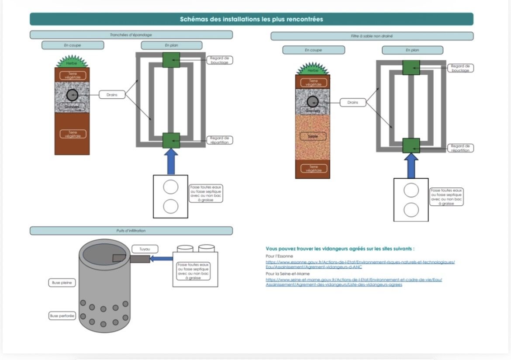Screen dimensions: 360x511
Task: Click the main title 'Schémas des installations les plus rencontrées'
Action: pos(251,19)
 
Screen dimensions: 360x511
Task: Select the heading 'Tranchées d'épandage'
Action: pos(131,35)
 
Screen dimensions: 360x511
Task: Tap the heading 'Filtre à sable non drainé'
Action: pos(372,36)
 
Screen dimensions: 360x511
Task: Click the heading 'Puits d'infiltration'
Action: pos(131,231)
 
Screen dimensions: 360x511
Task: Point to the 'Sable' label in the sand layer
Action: pos(313,136)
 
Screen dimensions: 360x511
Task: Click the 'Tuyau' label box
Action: pos(145,249)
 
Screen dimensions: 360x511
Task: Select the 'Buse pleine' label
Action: pos(61,283)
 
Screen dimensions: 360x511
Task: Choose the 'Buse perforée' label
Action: pos(62,315)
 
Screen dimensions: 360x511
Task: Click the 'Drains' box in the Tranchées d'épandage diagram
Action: pos(112,94)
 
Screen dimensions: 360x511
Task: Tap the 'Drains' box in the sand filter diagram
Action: pos(353,102)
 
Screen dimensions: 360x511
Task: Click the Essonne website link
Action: pos(360,264)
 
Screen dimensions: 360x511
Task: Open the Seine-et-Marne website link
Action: pos(353,282)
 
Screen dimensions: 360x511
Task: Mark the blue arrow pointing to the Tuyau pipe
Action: pos(161,259)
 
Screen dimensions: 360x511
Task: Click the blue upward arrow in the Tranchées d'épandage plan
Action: pos(171,161)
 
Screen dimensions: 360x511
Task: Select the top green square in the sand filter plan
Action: pos(411,68)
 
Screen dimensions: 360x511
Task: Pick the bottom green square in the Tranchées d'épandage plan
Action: pos(171,141)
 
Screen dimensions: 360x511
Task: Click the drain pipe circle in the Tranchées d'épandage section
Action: pos(72,95)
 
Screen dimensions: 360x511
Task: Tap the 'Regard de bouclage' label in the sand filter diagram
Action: pos(460,68)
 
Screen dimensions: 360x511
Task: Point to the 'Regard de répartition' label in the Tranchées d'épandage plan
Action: pos(219,140)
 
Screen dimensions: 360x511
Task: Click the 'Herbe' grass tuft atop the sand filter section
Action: pos(313,69)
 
